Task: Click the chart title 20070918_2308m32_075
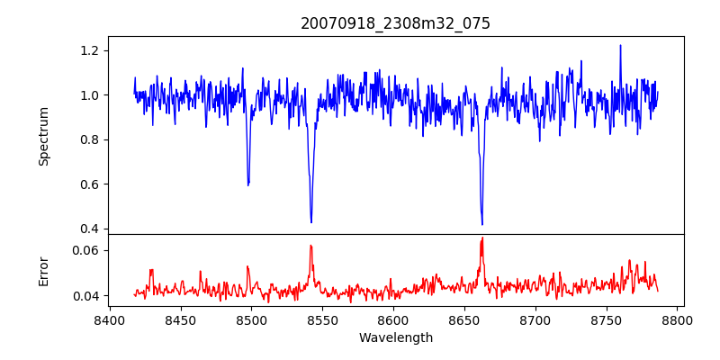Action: (395, 24)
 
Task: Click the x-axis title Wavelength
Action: (395, 338)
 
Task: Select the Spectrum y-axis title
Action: (44, 136)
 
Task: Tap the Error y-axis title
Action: (44, 270)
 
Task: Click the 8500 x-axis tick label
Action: (251, 319)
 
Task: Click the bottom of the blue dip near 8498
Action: (248, 184)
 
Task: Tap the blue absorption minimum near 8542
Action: (311, 222)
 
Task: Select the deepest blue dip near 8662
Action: (482, 224)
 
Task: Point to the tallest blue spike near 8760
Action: (620, 45)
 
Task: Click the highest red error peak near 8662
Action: (482, 238)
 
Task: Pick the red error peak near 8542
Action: (310, 246)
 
